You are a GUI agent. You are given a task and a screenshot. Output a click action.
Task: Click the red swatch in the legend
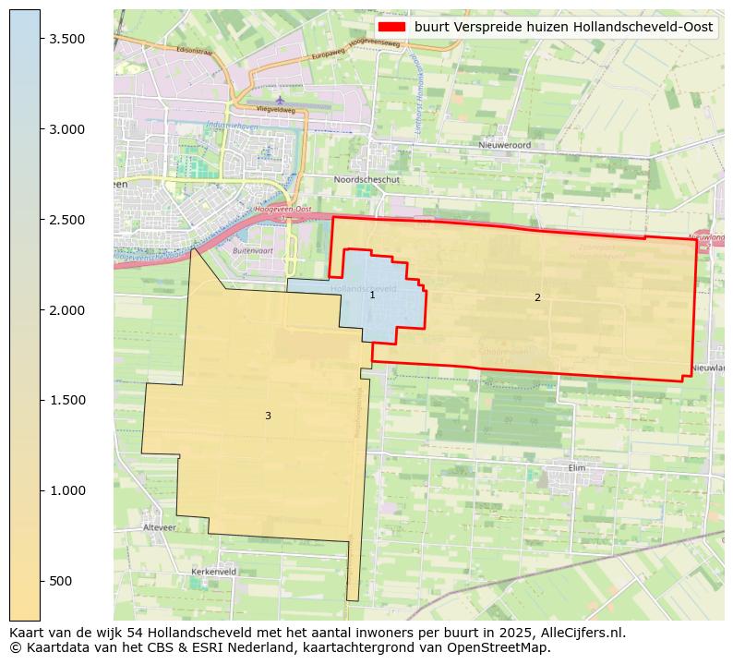pyautogui.click(x=392, y=28)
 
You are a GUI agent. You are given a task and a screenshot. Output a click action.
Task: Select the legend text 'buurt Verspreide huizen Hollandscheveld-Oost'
pyautogui.click(x=563, y=28)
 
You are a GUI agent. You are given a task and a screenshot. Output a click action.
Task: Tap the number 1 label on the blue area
pyautogui.click(x=372, y=296)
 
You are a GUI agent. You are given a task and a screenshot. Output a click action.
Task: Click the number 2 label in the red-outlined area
pyautogui.click(x=537, y=297)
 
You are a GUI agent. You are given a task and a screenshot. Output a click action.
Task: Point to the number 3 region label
pyautogui.click(x=268, y=416)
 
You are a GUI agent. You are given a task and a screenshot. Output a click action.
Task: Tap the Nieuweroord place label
pyautogui.click(x=505, y=145)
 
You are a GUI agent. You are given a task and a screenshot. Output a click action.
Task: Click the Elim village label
pyautogui.click(x=577, y=467)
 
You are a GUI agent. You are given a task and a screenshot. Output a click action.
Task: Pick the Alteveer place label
pyautogui.click(x=159, y=527)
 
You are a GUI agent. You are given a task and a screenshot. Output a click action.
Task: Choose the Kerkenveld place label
pyautogui.click(x=213, y=572)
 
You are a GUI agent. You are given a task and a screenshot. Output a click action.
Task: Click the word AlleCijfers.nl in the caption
pyautogui.click(x=579, y=634)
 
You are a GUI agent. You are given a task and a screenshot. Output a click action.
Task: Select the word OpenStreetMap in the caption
pyautogui.click(x=517, y=647)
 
